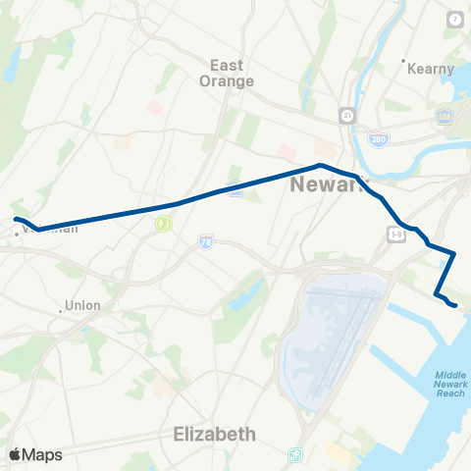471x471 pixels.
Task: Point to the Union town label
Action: pos(82,305)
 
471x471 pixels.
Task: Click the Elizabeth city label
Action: pos(214,433)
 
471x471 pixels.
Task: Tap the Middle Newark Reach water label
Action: pos(449,384)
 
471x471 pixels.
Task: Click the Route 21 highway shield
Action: pos(347,115)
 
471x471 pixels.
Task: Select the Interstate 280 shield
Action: pos(378,139)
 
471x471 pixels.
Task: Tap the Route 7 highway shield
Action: pos(455,20)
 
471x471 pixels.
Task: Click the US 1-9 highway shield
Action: pos(395,235)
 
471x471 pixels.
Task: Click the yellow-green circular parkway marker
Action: pos(162,224)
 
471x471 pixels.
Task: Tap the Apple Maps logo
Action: pos(34,454)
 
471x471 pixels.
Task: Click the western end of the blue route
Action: pos(16,219)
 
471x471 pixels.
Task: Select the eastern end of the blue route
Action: pos(454,305)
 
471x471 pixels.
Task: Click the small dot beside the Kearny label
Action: pos(404,69)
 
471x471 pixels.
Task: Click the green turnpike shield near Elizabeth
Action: pos(295,455)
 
